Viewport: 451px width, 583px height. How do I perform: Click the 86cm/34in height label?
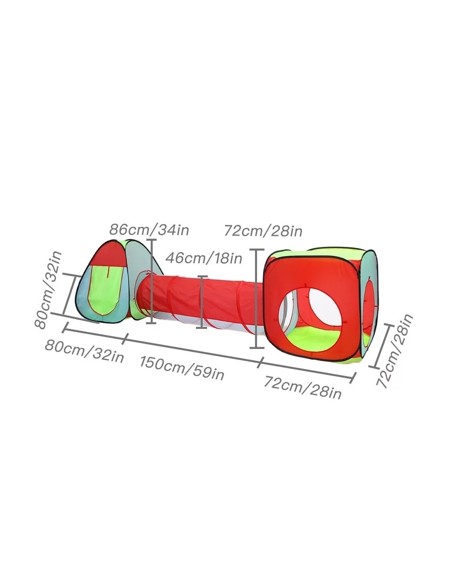tap(149, 230)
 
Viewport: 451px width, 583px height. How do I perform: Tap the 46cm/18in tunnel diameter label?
tap(204, 258)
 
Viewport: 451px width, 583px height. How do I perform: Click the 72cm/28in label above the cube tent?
tap(263, 231)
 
